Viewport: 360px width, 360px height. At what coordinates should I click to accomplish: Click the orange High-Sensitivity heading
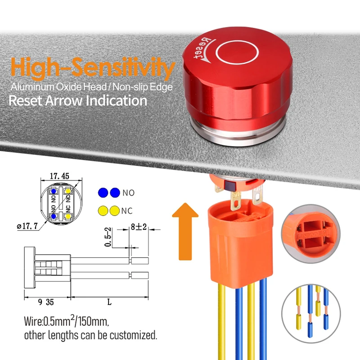coord(92,68)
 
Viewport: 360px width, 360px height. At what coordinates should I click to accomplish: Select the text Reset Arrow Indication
coord(78,100)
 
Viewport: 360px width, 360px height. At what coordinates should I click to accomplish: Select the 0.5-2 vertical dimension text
coord(108,237)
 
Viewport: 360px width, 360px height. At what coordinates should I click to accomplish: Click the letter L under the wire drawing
coord(109,303)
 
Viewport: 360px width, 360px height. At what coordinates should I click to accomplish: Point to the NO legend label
coord(128,193)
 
